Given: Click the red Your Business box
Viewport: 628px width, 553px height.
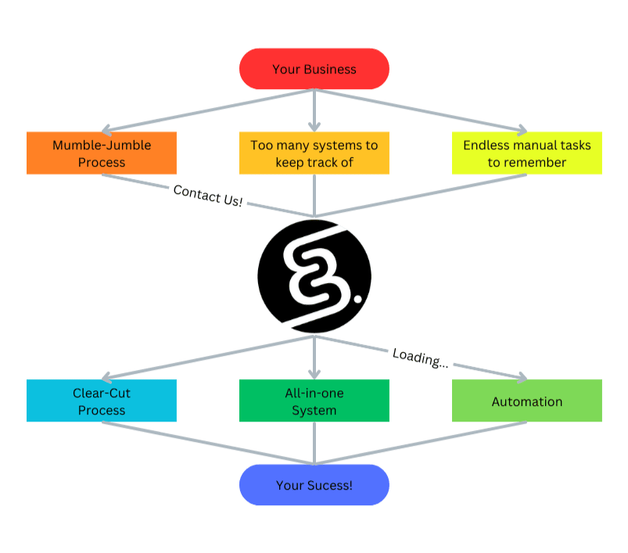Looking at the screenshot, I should [x=314, y=69].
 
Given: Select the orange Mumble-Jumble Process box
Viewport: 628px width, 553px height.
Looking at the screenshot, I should [x=101, y=153].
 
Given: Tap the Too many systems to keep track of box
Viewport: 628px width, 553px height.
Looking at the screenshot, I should [x=314, y=153].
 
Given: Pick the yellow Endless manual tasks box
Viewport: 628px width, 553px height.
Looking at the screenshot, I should [x=526, y=153].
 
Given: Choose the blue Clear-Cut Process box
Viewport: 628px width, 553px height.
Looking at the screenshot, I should [x=101, y=400].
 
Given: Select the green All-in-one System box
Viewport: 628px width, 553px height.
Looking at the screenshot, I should [x=314, y=400].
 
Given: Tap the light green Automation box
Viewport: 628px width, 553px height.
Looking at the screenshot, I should [x=526, y=400].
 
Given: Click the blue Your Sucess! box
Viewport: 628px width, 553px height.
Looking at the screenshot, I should [x=314, y=485].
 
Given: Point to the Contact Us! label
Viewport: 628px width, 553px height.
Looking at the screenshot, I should [x=208, y=196].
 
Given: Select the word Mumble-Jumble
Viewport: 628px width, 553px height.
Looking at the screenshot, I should [x=102, y=145].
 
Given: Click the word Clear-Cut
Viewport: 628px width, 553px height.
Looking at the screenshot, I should [x=102, y=393].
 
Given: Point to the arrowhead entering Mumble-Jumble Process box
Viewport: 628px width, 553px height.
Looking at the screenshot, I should [x=110, y=129].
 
